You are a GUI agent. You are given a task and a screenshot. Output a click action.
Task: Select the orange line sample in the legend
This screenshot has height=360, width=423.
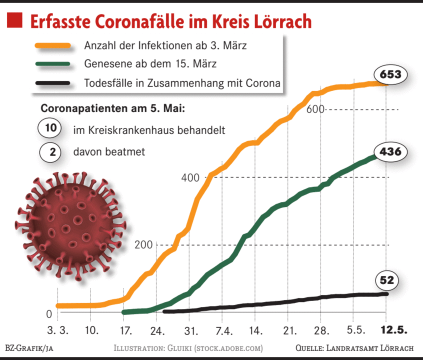(x=52, y=45)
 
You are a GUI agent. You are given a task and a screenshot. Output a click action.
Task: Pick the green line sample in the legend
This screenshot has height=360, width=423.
(x=52, y=64)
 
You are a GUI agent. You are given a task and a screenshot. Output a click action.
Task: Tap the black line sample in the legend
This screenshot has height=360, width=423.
(x=52, y=82)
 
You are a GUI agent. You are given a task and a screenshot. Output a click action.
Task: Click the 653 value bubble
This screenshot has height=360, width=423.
(x=390, y=75)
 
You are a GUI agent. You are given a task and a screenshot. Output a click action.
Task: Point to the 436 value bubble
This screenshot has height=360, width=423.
(x=390, y=151)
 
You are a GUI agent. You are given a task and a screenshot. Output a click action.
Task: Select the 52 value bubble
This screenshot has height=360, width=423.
(x=387, y=281)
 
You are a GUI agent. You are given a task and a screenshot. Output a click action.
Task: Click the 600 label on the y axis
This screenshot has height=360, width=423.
(x=315, y=109)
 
